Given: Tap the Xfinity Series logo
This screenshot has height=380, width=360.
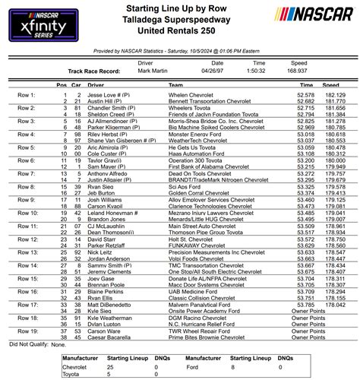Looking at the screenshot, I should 39,23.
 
